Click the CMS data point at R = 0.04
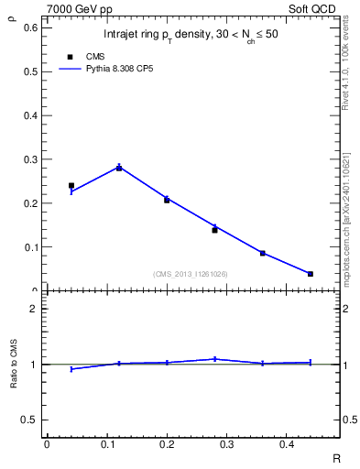pyautogui.click(x=71, y=185)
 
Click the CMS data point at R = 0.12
pyautogui.click(x=119, y=168)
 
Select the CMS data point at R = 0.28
pyautogui.click(x=214, y=230)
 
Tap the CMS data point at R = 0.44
pyautogui.click(x=311, y=274)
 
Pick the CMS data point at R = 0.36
pyautogui.click(x=263, y=253)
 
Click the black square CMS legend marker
pyautogui.click(x=71, y=56)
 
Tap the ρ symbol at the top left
pyautogui.click(x=13, y=15)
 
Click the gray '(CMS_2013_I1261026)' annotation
pyautogui.click(x=191, y=274)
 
